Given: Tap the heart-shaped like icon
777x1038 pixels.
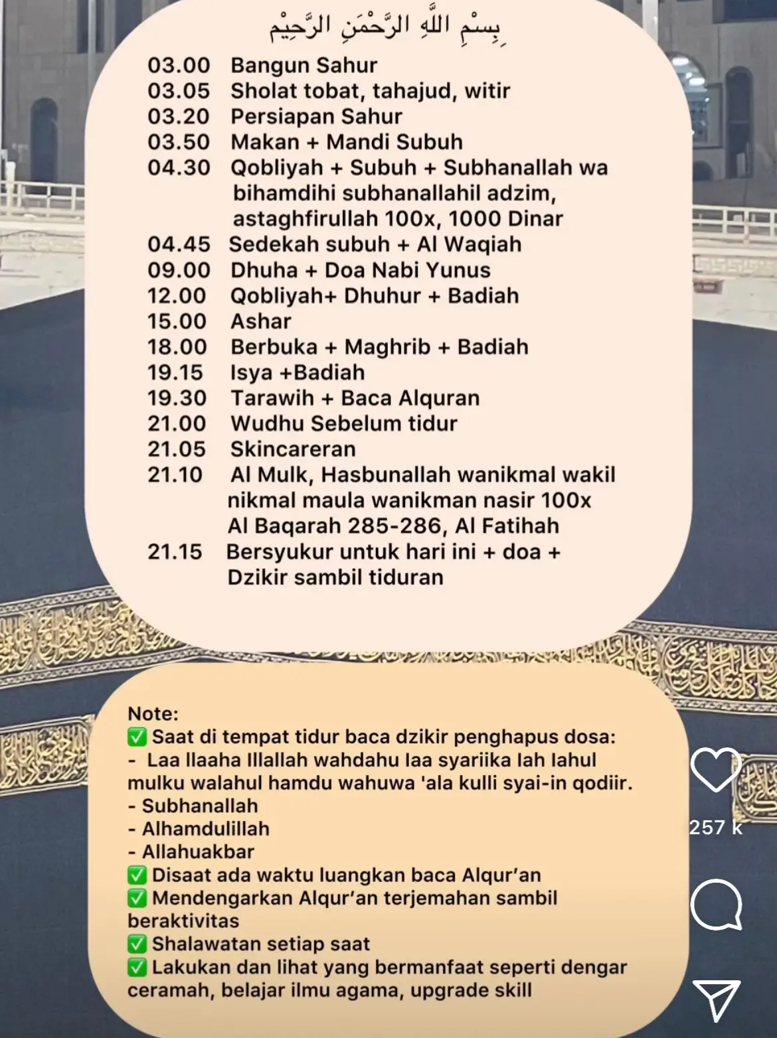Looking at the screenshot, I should coord(716,770).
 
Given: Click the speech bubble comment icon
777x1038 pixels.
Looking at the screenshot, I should coord(716,904).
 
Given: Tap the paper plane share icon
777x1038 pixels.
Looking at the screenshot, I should coord(716,1000).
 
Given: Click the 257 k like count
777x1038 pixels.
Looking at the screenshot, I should coord(716,828).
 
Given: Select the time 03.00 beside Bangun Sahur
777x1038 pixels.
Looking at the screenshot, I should coord(179,66).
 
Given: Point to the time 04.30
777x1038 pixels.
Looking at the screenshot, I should coord(179,168).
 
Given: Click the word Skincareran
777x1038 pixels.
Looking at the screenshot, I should coord(293,449).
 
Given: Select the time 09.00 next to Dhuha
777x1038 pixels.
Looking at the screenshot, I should coord(179,271).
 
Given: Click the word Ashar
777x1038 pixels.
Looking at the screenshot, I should coord(261,322).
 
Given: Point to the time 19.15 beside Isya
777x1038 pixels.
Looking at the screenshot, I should coord(175,373).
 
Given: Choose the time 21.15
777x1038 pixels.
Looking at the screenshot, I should coord(175,552).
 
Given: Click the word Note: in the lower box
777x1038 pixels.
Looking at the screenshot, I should coord(153,714).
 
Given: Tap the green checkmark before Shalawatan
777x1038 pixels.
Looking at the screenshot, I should coord(137,944).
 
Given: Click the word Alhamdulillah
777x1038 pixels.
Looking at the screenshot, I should coord(205,829).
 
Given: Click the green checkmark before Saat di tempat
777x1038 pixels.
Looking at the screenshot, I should coord(137,737).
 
